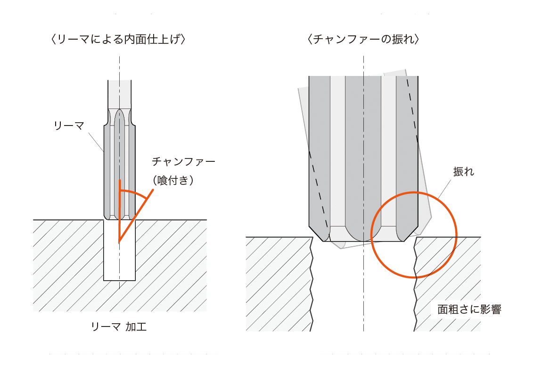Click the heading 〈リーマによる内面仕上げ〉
pos(118,39)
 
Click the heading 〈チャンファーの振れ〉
pos(363,39)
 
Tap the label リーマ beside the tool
pos(69,125)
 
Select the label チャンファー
pos(183,161)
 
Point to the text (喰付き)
pos(173,180)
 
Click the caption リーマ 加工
pos(119,326)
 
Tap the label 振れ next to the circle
pos(464,172)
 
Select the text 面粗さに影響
pos(469,309)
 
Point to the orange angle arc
pos(135,192)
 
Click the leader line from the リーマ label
pos(96,142)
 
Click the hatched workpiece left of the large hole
pos(278,284)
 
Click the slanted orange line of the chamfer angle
pos(136,215)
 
